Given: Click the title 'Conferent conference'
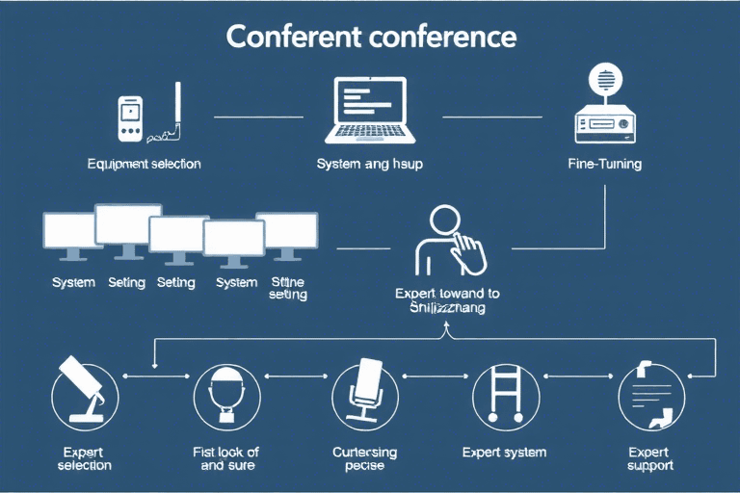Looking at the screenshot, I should (x=370, y=37).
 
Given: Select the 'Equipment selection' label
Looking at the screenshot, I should (x=144, y=164).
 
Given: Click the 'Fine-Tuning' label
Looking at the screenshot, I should (x=605, y=164).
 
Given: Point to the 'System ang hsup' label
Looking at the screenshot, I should (x=369, y=164).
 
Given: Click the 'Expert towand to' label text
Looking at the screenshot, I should (x=447, y=293).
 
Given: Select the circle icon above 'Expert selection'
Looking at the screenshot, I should (x=84, y=395).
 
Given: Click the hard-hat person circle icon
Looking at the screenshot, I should (x=227, y=395).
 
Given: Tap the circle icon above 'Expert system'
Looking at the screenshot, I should (x=505, y=395).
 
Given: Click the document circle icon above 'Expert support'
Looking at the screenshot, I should (x=650, y=395).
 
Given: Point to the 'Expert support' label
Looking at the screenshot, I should (x=650, y=458).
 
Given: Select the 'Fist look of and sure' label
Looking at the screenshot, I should (x=227, y=458).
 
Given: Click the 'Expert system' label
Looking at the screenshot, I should (x=504, y=452).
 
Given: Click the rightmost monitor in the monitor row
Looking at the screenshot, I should (x=287, y=234).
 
